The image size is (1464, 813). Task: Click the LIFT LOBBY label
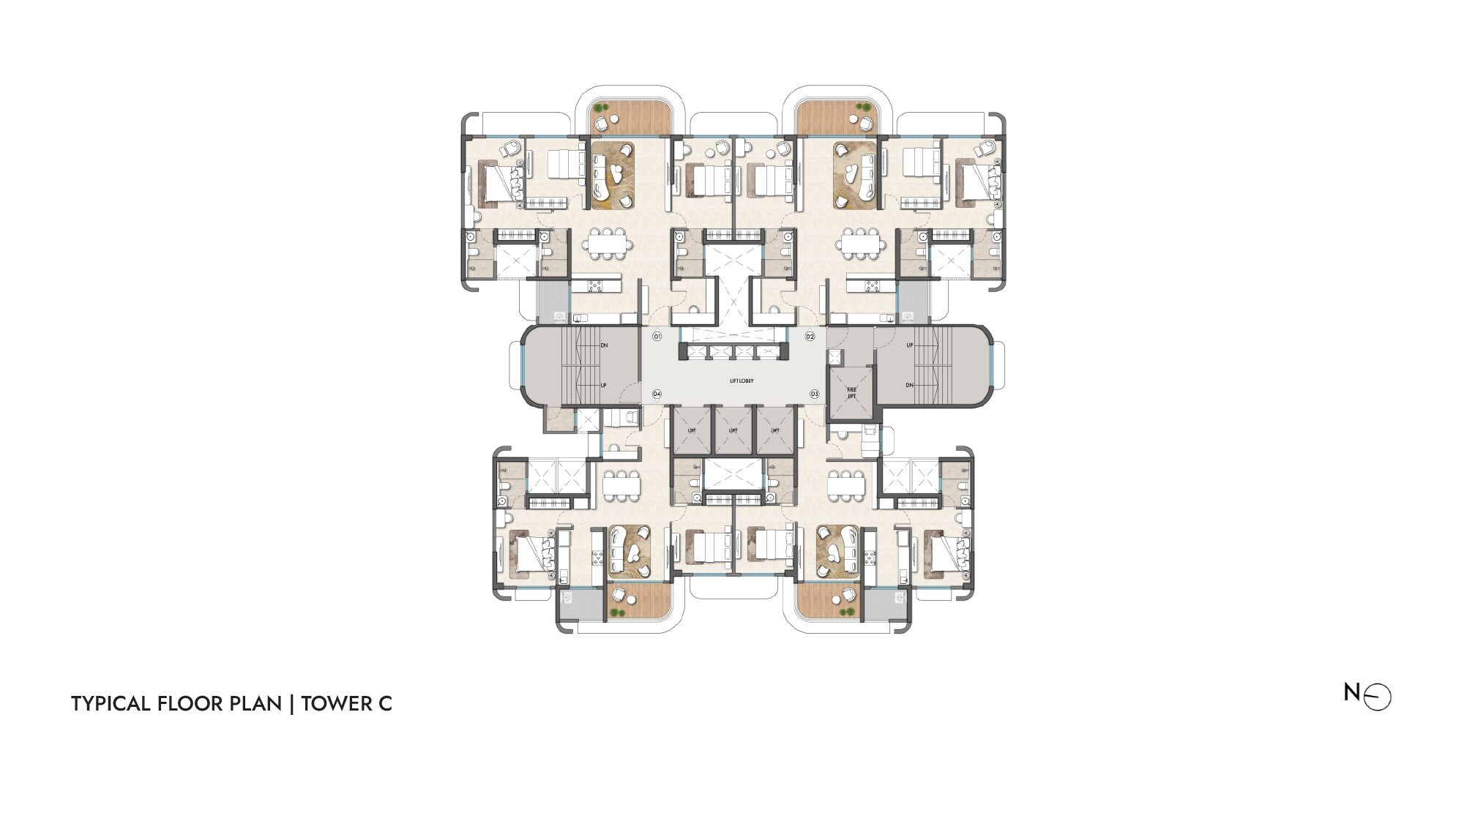(x=742, y=381)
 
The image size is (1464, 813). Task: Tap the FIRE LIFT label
(x=851, y=393)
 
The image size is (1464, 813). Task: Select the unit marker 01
(x=657, y=337)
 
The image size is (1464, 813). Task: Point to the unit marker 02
(x=810, y=337)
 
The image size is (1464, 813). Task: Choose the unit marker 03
(x=814, y=394)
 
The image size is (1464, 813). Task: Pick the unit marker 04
(x=657, y=394)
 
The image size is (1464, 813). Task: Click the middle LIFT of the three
(x=733, y=430)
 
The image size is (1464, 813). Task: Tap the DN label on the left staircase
(x=604, y=345)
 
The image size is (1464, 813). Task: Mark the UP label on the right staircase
(x=910, y=345)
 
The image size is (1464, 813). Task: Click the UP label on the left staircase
(x=604, y=385)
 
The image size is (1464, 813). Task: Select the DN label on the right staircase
(x=910, y=385)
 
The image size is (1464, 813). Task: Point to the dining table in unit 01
(x=610, y=242)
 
